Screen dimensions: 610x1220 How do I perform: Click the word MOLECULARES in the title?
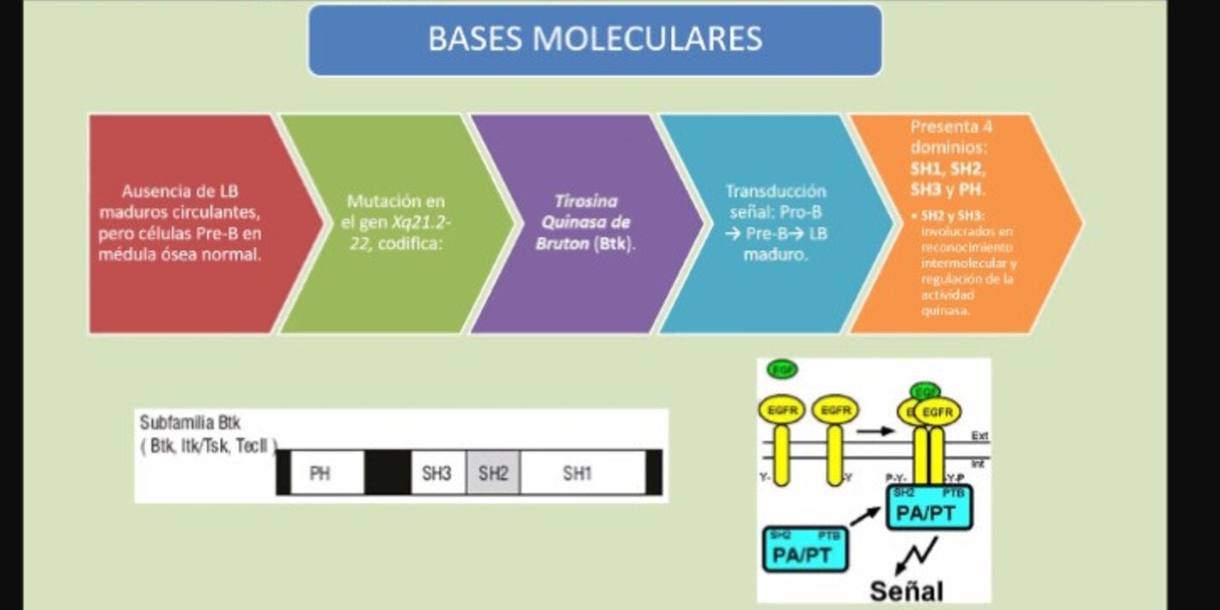pos(647,39)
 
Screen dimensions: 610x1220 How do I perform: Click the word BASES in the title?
pos(474,39)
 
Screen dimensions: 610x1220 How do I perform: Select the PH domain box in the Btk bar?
pos(320,473)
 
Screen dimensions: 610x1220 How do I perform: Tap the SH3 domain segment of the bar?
pos(436,473)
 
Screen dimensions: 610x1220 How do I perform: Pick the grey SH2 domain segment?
pos(493,473)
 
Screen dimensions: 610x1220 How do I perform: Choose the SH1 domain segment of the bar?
pos(577,473)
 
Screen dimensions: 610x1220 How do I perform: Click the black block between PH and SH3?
pos(387,473)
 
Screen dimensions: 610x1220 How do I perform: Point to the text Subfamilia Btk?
pos(191,424)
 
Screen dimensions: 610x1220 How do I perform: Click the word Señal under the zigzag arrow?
pos(906,590)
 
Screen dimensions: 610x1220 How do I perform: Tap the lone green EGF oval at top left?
pos(782,370)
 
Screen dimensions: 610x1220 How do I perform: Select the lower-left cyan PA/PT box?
pos(803,550)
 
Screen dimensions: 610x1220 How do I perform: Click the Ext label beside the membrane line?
pos(979,436)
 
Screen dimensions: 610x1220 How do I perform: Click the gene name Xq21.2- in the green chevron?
pos(421,223)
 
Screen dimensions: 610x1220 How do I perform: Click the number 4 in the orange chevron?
pos(987,127)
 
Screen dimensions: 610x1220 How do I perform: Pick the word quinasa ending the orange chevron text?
pos(945,311)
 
